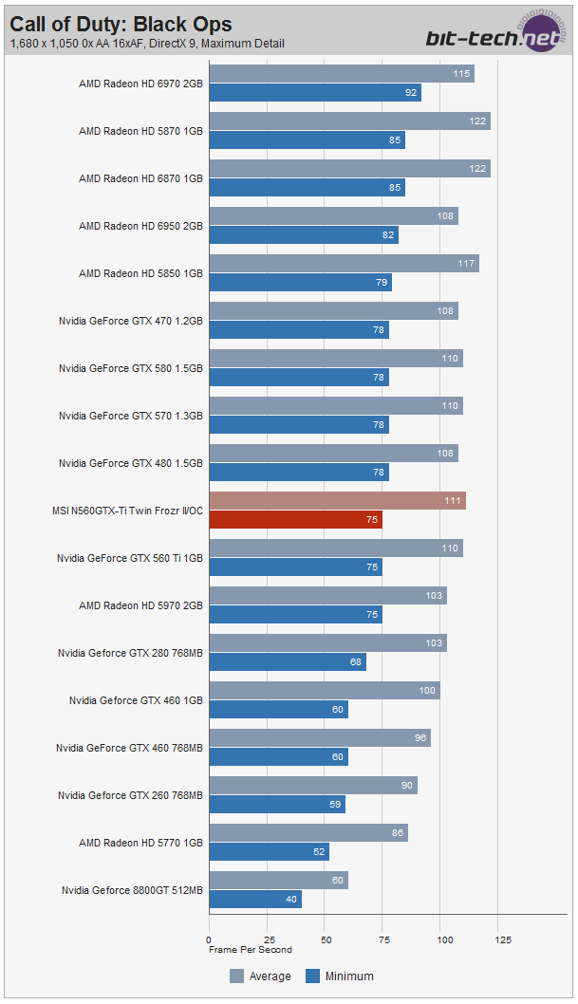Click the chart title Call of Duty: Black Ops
[x=121, y=24]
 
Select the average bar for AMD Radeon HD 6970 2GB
[x=342, y=74]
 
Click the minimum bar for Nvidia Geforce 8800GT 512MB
[x=255, y=900]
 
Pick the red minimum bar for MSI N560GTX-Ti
[x=295, y=520]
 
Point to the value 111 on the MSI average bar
[x=453, y=501]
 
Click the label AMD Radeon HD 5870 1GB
[x=140, y=131]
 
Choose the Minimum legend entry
[x=339, y=976]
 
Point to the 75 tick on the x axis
[x=384, y=939]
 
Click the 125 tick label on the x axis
[x=503, y=939]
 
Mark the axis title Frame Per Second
[x=251, y=950]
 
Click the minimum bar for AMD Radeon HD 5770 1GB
[x=269, y=852]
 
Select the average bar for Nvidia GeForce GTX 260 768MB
[x=313, y=786]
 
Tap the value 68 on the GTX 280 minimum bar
[x=356, y=662]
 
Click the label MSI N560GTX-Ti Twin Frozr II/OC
[x=127, y=511]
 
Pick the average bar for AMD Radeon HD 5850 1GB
[x=344, y=264]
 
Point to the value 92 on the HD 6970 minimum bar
[x=411, y=93]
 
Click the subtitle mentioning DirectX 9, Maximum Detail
[x=147, y=44]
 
